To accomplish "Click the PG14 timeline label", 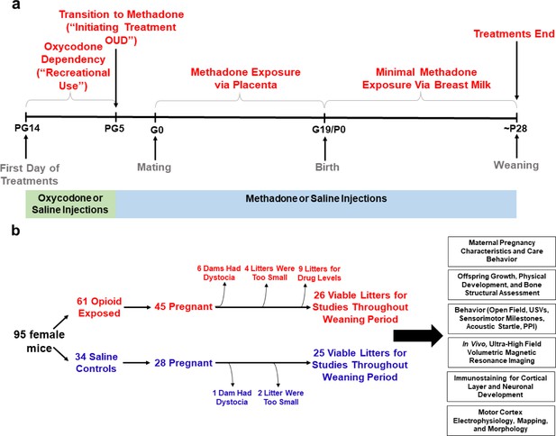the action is point(26,128).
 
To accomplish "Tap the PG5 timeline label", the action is point(114,128).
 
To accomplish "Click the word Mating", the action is point(154,167).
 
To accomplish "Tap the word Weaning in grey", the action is point(516,165).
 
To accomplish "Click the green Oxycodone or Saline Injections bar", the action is point(70,204).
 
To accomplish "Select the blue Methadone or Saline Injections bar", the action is point(316,204).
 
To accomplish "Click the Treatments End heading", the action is point(514,34).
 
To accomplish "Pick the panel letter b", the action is point(15,231).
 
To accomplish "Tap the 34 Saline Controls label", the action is point(96,363).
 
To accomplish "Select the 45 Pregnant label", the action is point(183,306).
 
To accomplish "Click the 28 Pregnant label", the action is point(183,363).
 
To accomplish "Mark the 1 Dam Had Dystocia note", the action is point(232,397).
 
